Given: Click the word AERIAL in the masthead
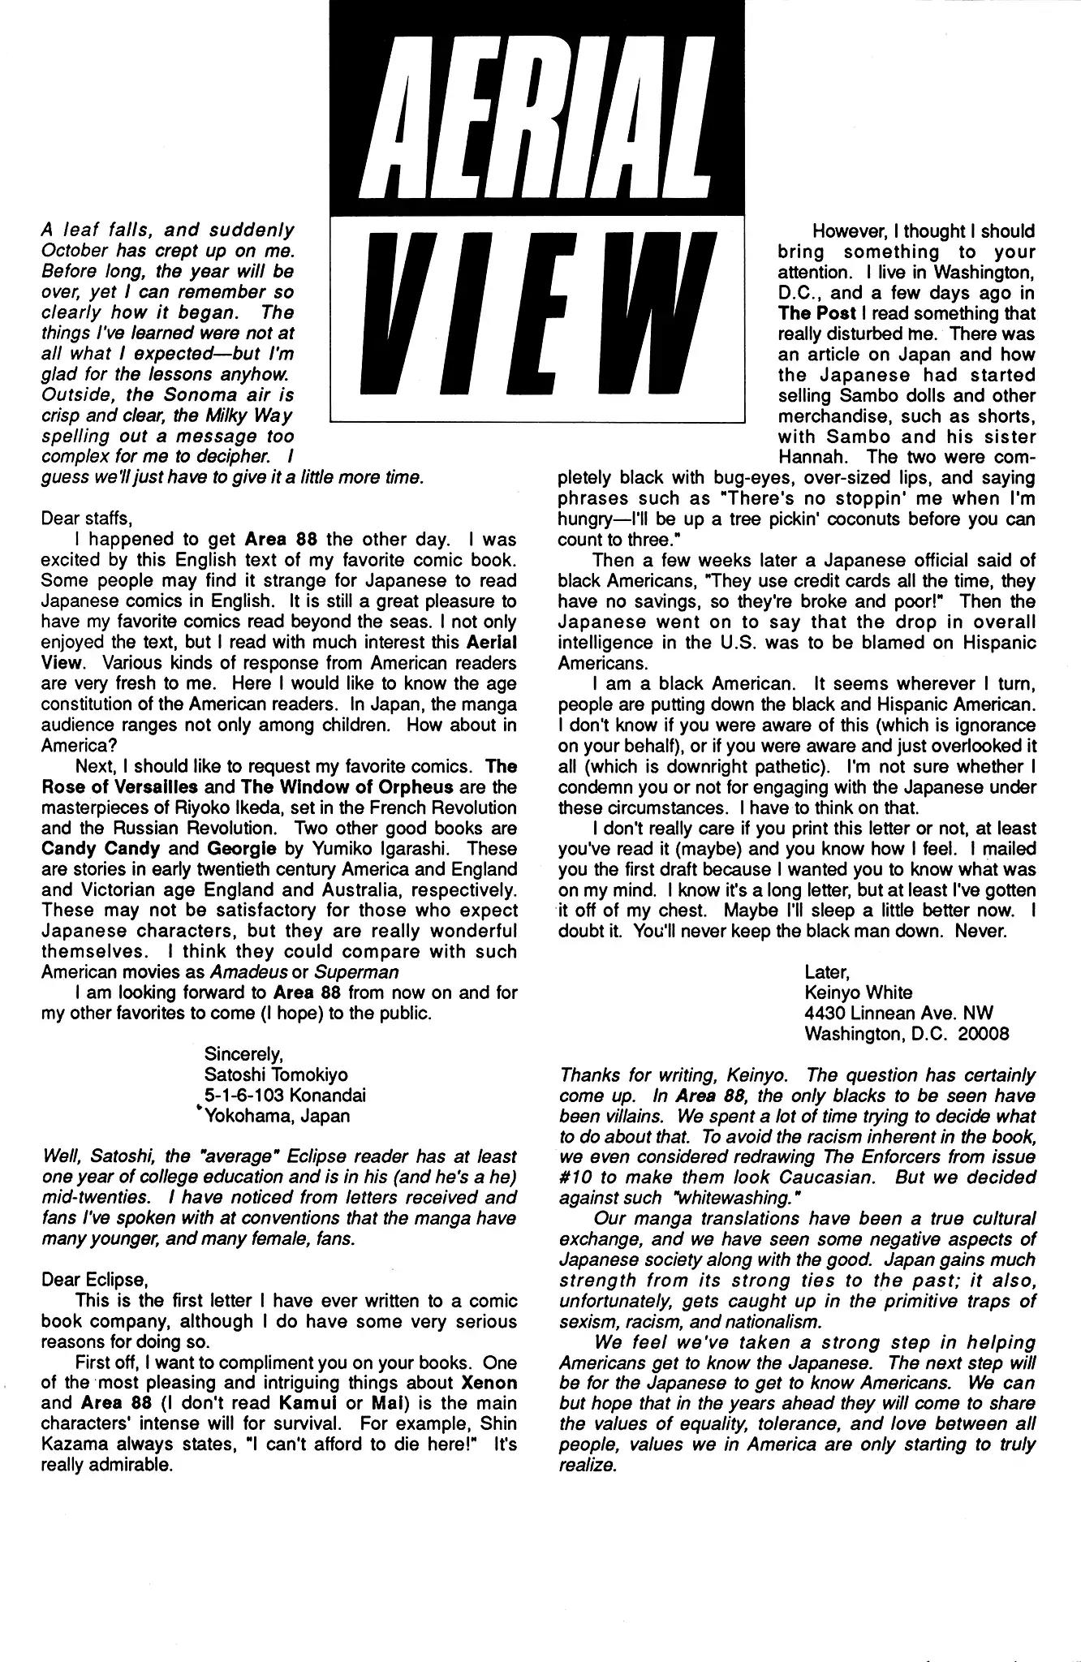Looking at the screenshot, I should point(537,107).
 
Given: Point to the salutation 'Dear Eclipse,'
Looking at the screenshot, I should point(95,1280).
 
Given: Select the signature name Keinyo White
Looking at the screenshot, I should point(858,992).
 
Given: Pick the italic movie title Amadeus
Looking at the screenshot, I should point(247,971).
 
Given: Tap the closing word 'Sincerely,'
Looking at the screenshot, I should point(243,1054).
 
